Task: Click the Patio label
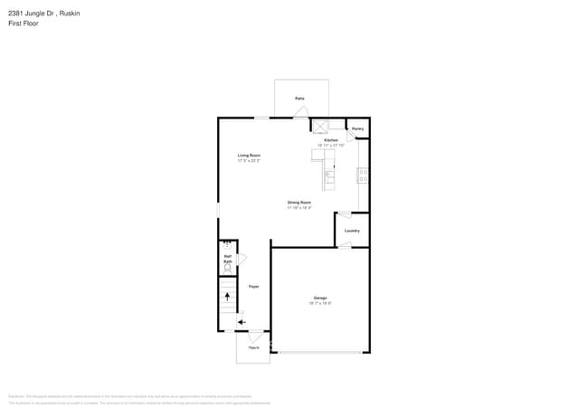tap(299, 98)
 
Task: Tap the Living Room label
tap(249, 156)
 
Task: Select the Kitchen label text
tap(331, 140)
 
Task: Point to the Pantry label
tap(357, 129)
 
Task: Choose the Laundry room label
tap(352, 231)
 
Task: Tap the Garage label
tap(320, 298)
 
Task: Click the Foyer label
tap(254, 287)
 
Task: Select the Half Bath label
tap(228, 259)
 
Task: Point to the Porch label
tap(253, 348)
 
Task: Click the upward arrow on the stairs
tap(227, 297)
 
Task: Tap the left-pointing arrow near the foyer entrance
tap(241, 321)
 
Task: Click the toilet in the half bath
tap(228, 268)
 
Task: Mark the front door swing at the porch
tap(255, 336)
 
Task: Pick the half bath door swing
tap(242, 260)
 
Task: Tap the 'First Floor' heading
tap(23, 24)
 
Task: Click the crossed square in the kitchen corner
tap(319, 127)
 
